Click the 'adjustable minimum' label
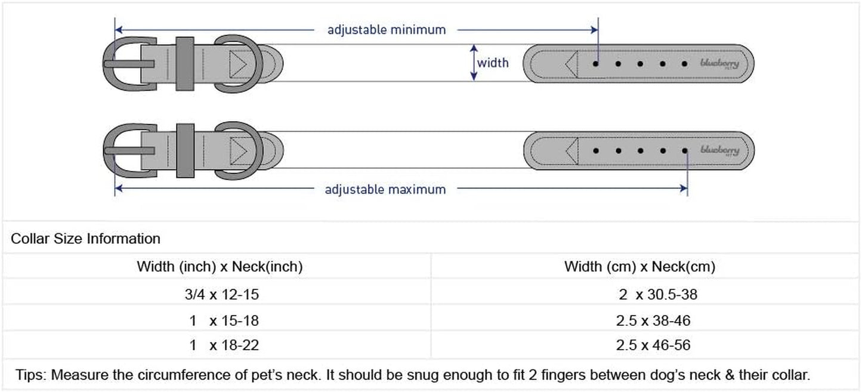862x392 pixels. pos(387,30)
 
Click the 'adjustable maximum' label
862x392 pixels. pos(385,190)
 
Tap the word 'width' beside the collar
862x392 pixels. pos(493,63)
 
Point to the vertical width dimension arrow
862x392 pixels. pos(474,63)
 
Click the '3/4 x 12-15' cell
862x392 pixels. pos(222,295)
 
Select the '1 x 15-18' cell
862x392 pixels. pos(224,320)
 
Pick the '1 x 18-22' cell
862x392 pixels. pos(224,345)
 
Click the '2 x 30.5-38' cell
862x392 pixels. pos(658,295)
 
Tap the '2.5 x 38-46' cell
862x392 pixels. pos(653,320)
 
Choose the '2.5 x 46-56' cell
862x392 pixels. pos(653,345)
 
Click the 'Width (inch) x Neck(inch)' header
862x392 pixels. pos(220,267)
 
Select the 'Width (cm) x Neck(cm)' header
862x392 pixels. pos(639,267)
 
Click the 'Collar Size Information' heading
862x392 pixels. pos(85,239)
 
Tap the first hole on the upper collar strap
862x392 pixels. pos(595,63)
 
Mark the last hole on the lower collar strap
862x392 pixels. pos(685,150)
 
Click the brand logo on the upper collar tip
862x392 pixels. pos(719,63)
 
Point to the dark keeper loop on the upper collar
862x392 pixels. pos(185,64)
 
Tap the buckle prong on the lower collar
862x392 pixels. pos(129,150)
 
